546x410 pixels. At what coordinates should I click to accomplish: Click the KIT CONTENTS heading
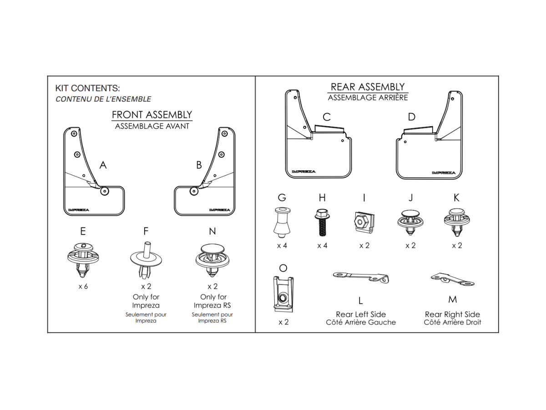coord(87,88)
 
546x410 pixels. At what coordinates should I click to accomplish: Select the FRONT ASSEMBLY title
coord(152,115)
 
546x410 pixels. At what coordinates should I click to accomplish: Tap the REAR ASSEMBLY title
coord(368,87)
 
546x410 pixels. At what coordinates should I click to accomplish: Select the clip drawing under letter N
coord(212,260)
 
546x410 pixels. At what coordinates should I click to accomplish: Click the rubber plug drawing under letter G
coord(282,222)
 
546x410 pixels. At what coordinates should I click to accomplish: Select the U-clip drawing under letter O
coord(283,294)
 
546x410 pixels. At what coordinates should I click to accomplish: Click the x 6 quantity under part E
coord(83,287)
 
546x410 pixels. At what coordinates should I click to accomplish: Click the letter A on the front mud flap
coord(103,165)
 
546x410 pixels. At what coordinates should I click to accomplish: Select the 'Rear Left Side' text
coord(361,314)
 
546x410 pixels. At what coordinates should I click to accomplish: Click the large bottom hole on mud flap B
coord(194,191)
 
